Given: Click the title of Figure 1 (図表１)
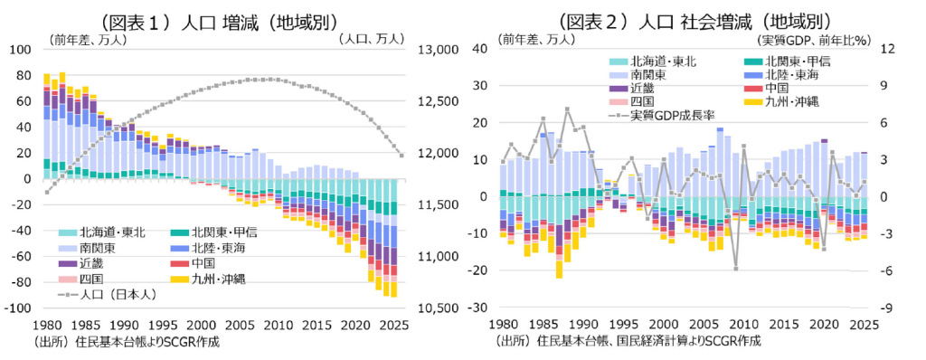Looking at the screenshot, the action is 219,22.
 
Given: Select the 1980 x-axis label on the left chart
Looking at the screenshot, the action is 47,325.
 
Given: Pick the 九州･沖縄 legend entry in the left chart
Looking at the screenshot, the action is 210,278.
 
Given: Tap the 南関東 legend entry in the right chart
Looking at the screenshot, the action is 641,74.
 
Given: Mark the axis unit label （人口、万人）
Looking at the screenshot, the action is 372,39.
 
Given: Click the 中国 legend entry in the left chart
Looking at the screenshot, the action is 196,263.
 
